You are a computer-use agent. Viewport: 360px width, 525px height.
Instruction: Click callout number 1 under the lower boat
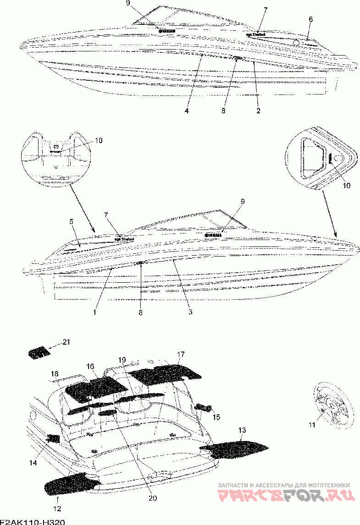point(94,312)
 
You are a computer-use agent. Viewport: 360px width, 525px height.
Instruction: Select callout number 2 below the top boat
point(259,111)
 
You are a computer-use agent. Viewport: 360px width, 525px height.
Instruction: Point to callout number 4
point(187,111)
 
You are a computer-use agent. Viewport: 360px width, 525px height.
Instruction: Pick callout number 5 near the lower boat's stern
point(72,222)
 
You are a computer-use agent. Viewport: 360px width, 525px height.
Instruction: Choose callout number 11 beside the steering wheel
point(312,425)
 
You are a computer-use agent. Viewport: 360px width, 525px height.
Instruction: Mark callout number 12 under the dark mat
point(57,508)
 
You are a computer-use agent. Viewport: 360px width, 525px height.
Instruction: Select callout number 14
point(33,464)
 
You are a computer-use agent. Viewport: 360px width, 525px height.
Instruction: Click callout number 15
point(216,417)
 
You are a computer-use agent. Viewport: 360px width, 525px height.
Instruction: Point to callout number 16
point(90,366)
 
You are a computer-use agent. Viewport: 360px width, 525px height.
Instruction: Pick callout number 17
point(181,354)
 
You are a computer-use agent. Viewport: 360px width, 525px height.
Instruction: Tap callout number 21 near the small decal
point(66,342)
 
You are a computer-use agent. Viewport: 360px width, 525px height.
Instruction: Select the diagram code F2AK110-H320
point(32,522)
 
